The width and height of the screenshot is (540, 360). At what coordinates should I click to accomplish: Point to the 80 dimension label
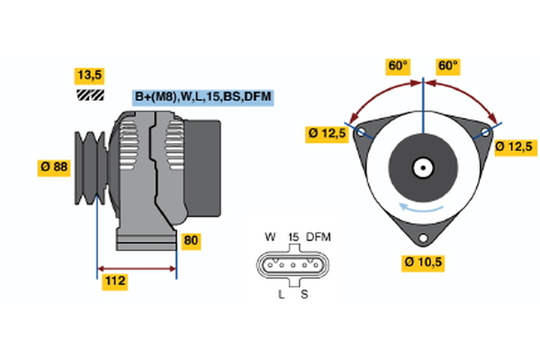[x=191, y=240]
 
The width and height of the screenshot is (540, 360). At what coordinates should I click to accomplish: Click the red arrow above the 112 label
[x=136, y=268]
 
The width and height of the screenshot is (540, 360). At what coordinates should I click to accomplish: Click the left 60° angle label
[x=398, y=66]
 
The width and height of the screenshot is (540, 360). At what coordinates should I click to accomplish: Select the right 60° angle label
[x=447, y=66]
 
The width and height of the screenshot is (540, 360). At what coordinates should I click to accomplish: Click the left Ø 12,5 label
[x=327, y=134]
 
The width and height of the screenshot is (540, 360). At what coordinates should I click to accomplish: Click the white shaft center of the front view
[x=422, y=166]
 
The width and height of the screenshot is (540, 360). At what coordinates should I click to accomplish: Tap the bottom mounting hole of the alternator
[x=422, y=238]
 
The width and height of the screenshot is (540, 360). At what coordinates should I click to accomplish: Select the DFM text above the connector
[x=319, y=237]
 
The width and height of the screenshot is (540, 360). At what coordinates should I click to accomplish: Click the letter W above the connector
[x=269, y=237]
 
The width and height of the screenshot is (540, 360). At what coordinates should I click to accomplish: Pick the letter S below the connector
[x=303, y=294]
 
